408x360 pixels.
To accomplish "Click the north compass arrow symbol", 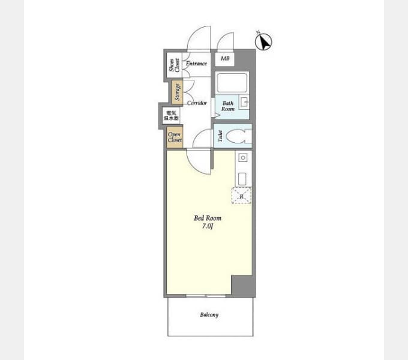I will [x=263, y=41].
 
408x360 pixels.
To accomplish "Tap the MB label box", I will [x=225, y=59].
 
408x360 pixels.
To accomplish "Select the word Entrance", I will [x=197, y=64].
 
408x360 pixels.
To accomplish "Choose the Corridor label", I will [x=197, y=103].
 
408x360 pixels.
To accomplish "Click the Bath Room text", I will [x=228, y=106].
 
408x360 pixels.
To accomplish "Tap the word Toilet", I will [x=220, y=136].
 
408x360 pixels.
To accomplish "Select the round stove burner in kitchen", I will [x=242, y=158].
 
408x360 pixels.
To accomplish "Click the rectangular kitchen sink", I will [x=242, y=178].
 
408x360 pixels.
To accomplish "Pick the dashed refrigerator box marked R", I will [x=241, y=196].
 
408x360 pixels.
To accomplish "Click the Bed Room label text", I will [x=208, y=218].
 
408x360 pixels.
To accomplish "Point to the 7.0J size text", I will [x=208, y=226].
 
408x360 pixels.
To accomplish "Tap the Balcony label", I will [x=209, y=315].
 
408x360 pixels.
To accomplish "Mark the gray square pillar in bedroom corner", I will [x=242, y=285].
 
